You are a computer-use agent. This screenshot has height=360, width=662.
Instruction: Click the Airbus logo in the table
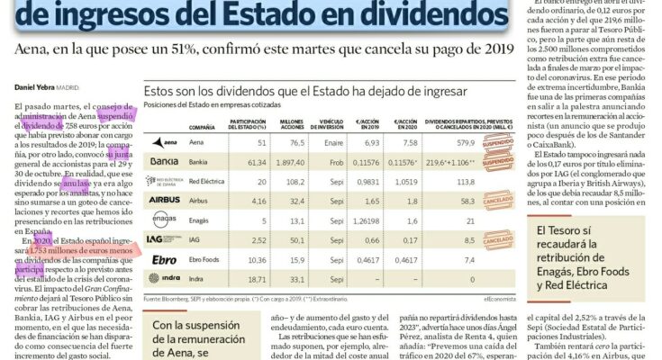[164, 199]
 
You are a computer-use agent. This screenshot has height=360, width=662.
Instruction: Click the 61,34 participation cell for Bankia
[236, 161]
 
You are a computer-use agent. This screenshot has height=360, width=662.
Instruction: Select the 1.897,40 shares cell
[285, 161]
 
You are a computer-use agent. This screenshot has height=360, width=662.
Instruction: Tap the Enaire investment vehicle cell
[332, 142]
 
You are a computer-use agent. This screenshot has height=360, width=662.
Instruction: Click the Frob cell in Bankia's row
[332, 161]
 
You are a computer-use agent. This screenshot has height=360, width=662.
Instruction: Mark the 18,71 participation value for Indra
[236, 279]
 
